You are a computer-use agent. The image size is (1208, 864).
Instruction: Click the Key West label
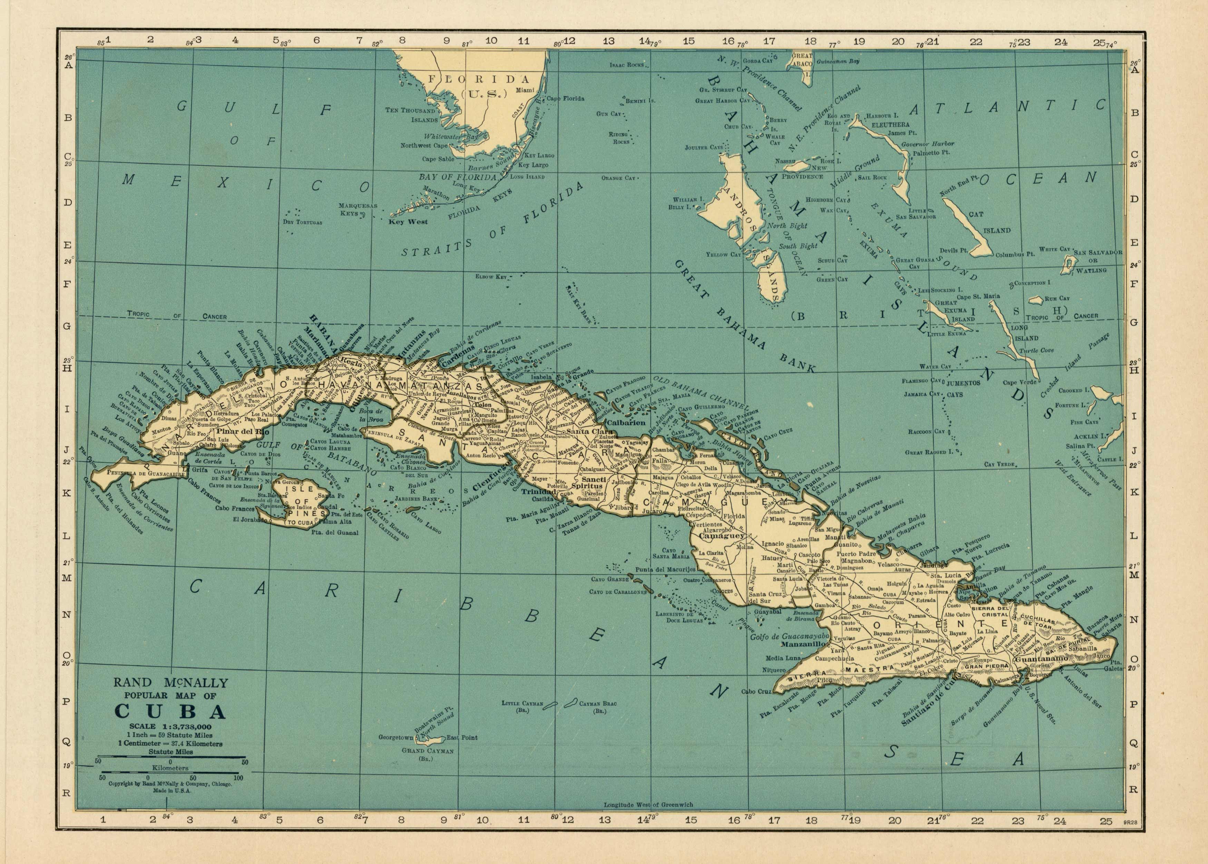click(408, 222)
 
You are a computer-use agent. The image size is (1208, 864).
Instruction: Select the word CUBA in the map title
click(169, 712)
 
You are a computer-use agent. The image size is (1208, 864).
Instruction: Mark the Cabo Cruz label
click(756, 692)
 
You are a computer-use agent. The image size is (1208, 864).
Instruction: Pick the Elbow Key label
click(491, 277)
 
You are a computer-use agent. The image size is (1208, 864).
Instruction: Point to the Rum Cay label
click(1056, 298)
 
